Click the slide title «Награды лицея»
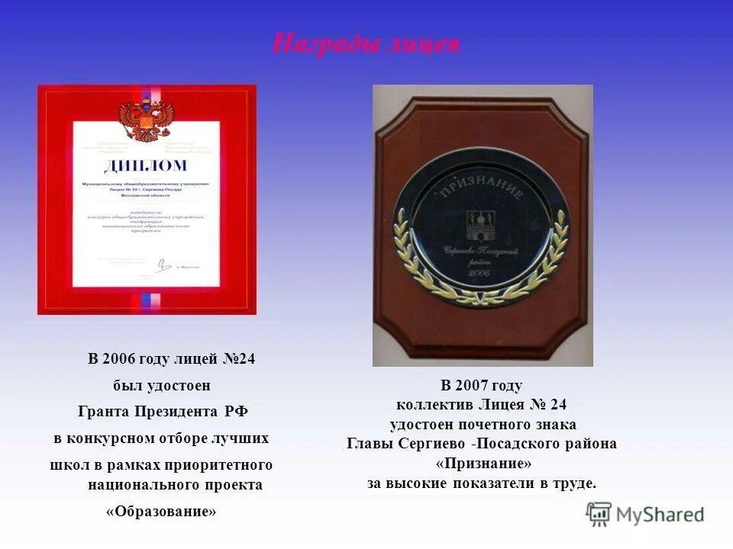click(366, 44)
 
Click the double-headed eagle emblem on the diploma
click(147, 121)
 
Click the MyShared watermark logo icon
click(599, 515)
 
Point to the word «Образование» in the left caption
click(161, 512)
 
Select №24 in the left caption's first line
click(238, 359)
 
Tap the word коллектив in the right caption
click(434, 405)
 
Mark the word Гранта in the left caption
click(103, 412)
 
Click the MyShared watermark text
click(660, 515)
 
